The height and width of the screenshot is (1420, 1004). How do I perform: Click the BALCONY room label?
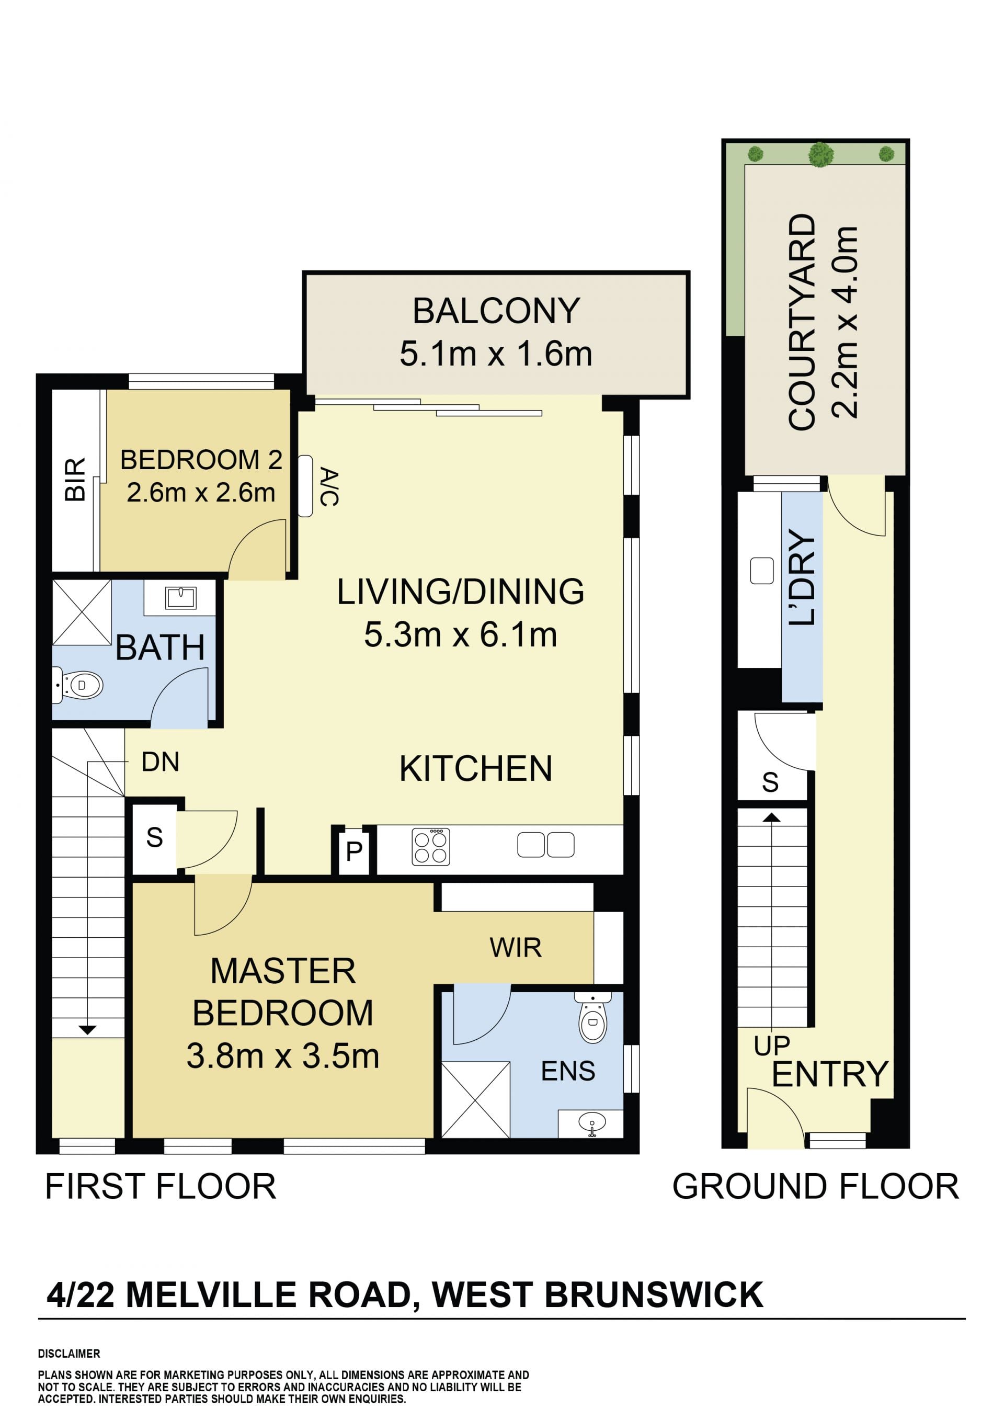point(496,311)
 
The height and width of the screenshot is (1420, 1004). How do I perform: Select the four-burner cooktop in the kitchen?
point(431,847)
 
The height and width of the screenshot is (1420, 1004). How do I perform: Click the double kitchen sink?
point(546,845)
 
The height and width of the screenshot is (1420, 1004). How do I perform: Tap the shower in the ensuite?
point(475,1100)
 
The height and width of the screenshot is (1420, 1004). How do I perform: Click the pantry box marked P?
point(353,851)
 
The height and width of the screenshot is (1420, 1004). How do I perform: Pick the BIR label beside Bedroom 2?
point(75,479)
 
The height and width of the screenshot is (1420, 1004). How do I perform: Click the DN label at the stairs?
point(160,762)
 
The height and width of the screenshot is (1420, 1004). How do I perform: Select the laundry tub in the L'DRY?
point(762,571)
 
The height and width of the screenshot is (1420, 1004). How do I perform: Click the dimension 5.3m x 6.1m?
point(461,635)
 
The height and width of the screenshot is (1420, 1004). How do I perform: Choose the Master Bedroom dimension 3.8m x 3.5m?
point(282,1056)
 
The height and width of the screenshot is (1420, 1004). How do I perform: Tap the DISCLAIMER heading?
point(69,1354)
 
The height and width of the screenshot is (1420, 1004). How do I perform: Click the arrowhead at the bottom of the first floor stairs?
point(87,1030)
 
